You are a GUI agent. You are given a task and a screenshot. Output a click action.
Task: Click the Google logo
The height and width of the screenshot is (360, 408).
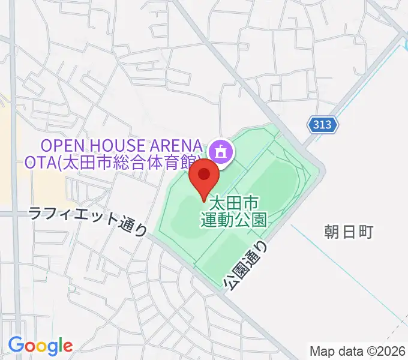40,346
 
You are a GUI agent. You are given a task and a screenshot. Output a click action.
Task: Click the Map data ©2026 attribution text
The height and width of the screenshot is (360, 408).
358,350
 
